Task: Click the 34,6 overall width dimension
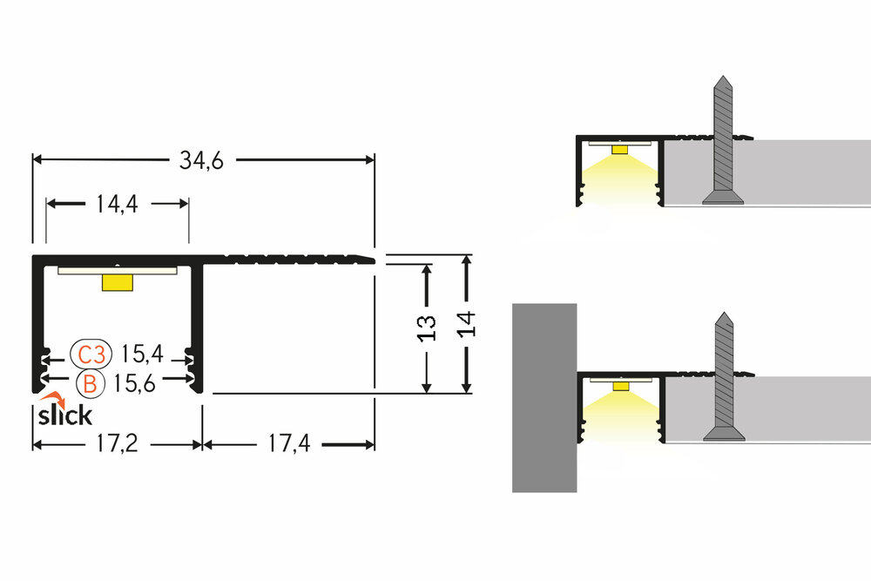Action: [x=202, y=160]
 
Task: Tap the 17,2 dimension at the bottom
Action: [x=116, y=444]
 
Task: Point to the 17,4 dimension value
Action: [x=288, y=444]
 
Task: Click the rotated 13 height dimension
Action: [x=427, y=326]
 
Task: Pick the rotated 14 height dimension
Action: [x=467, y=324]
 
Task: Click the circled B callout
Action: [x=90, y=382]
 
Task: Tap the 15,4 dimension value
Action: [x=142, y=355]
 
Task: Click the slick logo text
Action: [x=64, y=415]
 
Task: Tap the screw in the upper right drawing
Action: [x=723, y=139]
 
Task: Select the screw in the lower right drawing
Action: [x=722, y=375]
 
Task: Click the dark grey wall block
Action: [x=544, y=397]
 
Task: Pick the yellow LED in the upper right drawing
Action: [x=619, y=149]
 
